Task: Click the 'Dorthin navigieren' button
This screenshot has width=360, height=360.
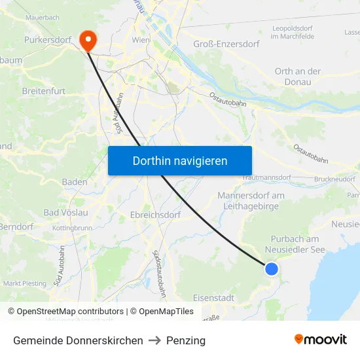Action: coord(180,160)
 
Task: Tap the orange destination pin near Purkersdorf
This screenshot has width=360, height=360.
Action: coord(86,40)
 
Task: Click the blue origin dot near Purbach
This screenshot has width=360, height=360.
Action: coord(271,268)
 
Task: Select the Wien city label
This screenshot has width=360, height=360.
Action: coord(141,40)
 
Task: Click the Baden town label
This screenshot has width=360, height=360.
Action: coord(75,182)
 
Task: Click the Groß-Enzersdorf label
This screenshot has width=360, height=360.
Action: coord(226,44)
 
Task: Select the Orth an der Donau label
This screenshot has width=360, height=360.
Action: coord(298,77)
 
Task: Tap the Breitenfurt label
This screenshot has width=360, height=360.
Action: coord(43,91)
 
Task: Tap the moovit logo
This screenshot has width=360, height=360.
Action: coord(320,340)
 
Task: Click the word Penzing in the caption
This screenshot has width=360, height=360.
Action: coord(186,340)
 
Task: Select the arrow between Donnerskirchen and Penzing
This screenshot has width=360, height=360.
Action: coord(154,340)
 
